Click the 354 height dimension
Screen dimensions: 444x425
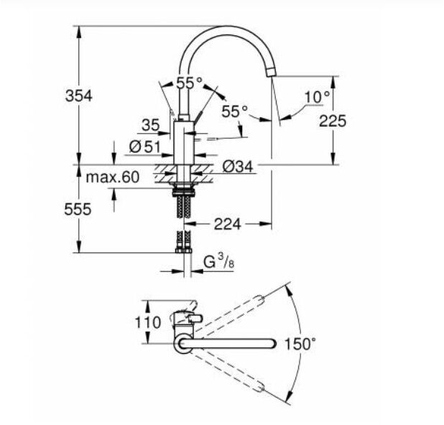[x=79, y=96]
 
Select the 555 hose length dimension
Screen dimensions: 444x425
[x=78, y=209]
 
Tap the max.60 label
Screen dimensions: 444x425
[x=112, y=177]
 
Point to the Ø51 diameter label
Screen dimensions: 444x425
[x=144, y=147]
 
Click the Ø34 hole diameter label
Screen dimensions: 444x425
[x=238, y=166]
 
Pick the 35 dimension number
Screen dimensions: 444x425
[x=151, y=125]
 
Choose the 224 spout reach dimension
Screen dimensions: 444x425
[x=227, y=224]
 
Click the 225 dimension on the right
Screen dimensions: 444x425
[x=333, y=121]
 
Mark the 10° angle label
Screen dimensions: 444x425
[x=317, y=97]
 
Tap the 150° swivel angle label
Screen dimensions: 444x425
[x=300, y=344]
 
